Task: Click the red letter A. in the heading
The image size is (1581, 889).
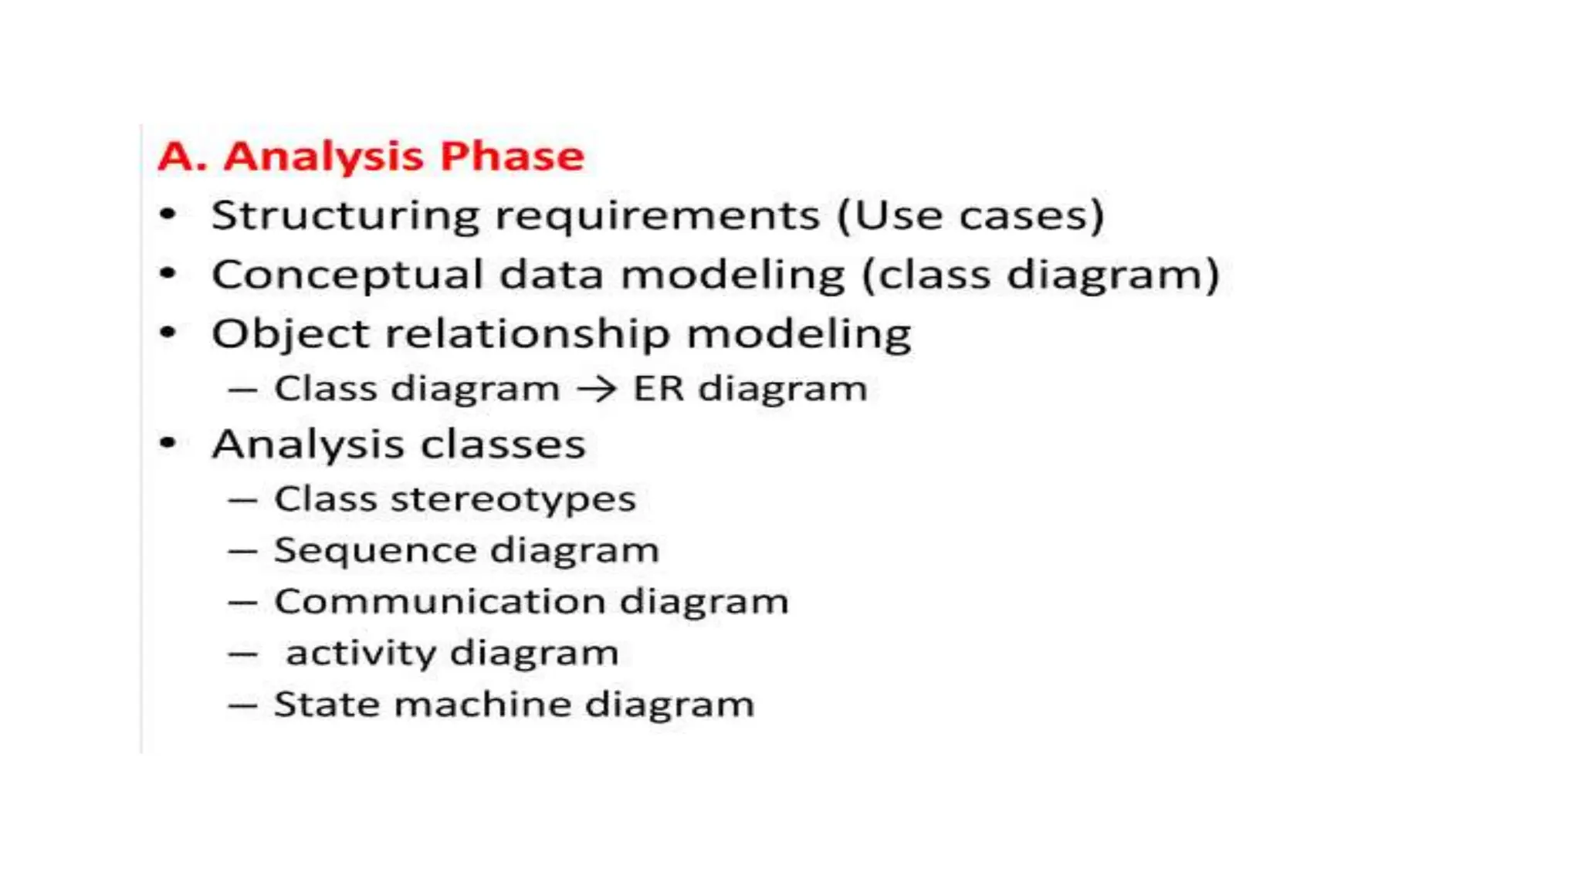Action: click(182, 157)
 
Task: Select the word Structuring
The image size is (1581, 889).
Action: click(345, 215)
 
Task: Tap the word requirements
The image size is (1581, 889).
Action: click(658, 215)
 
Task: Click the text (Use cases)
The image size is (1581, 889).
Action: click(971, 215)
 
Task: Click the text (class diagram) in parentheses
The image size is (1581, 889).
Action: click(1041, 275)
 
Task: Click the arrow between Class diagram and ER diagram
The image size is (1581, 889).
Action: click(597, 389)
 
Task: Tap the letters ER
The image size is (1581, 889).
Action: click(658, 389)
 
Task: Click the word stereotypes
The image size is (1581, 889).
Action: click(513, 499)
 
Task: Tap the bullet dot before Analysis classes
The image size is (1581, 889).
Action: click(168, 444)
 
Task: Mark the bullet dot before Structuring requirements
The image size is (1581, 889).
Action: click(168, 215)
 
